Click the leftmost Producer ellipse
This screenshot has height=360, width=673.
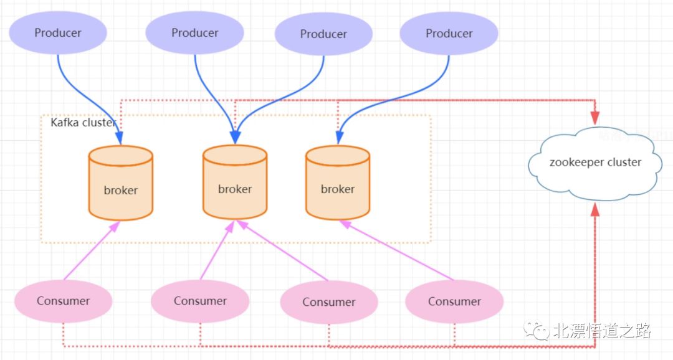point(58,32)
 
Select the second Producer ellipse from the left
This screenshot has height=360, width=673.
point(195,32)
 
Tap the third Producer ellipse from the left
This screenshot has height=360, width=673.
point(323,34)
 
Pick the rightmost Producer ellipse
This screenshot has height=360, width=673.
point(449,33)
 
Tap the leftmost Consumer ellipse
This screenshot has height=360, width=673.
point(63,301)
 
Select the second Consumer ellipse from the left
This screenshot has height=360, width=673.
point(200,301)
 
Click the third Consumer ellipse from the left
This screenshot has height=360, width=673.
point(328,302)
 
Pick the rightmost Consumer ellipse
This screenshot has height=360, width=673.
point(454,302)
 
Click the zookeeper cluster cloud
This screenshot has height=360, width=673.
point(595,163)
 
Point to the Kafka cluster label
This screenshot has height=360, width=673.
point(83,123)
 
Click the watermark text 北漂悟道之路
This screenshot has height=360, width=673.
point(602,331)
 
